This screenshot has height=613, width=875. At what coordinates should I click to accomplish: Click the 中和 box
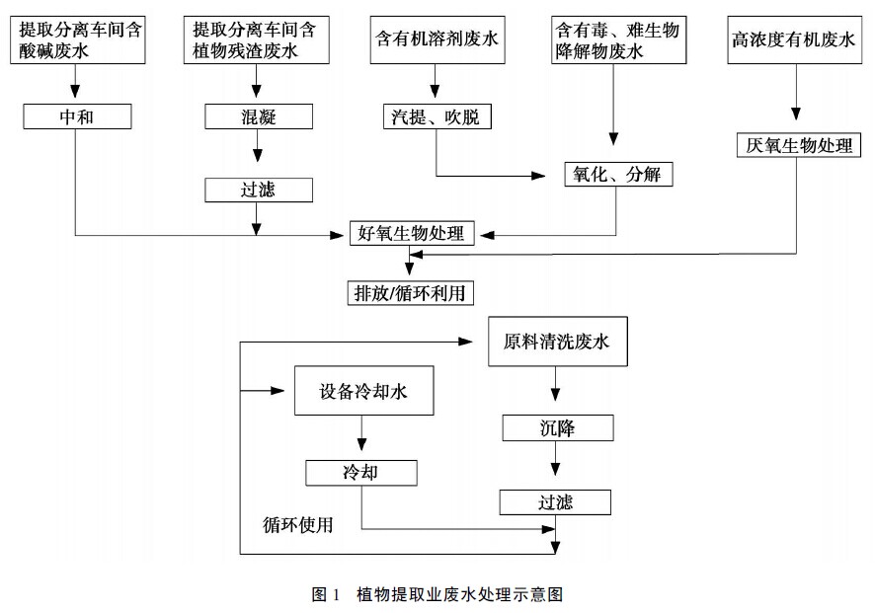pos(77,116)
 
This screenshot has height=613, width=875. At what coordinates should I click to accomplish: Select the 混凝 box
pos(259,116)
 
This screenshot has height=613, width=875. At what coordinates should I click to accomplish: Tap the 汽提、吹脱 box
pos(436,116)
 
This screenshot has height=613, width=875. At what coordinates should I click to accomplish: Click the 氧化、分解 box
pos(618,174)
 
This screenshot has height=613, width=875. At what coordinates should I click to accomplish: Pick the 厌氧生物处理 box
pos(800,145)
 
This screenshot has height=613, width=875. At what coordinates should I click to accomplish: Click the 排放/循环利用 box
pos(409,292)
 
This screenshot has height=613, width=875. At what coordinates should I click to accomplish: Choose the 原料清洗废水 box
pos(558,343)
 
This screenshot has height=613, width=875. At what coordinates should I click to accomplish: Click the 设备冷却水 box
pos(363,391)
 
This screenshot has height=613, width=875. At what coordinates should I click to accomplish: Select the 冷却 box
pos(361,473)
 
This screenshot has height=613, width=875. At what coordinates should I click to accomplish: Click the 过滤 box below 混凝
pos(259,190)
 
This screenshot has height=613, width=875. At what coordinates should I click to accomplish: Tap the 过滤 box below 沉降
pos(555,502)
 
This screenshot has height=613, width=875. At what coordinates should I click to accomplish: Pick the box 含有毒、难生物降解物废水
pos(616,39)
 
